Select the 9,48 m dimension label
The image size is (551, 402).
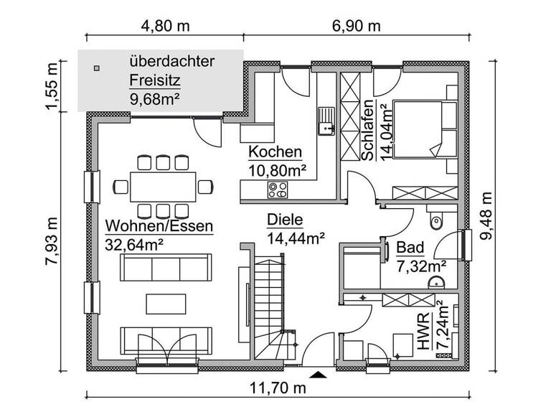tap(487, 216)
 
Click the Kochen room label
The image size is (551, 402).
tap(275, 152)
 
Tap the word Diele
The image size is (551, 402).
tap(285, 220)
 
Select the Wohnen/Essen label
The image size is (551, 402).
tap(159, 226)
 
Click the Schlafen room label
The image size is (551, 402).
tap(367, 134)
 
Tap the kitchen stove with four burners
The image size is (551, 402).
tap(277, 190)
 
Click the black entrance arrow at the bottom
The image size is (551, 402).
tap(318, 373)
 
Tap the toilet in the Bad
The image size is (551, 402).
tap(436, 220)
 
